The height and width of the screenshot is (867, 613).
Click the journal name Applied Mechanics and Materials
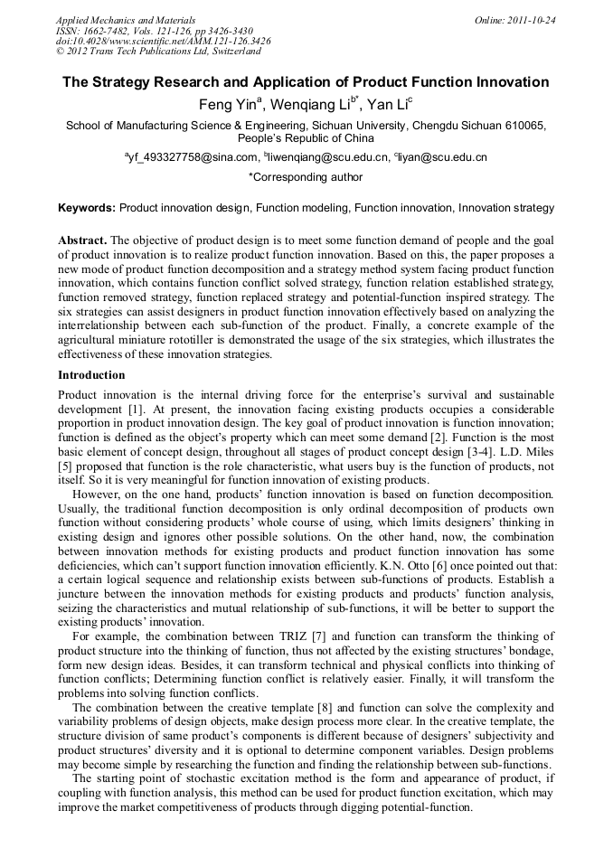(x=126, y=20)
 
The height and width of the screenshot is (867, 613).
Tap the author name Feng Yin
(x=227, y=105)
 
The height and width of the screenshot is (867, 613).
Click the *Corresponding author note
(x=306, y=178)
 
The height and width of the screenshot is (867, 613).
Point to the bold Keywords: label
(x=87, y=208)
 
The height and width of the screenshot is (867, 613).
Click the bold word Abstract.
(x=81, y=240)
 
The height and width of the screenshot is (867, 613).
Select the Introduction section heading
(x=91, y=374)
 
